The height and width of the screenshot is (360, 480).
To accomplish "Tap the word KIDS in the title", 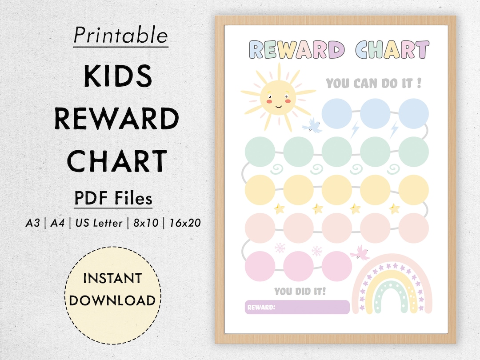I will pyautogui.click(x=118, y=76).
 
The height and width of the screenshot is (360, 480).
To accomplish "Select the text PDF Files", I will pyautogui.click(x=113, y=198).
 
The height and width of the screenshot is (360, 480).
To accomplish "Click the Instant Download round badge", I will pyautogui.click(x=112, y=289).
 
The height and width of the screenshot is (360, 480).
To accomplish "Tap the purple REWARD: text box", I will pyautogui.click(x=297, y=307).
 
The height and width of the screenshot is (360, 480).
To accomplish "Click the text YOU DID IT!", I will pyautogui.click(x=300, y=292).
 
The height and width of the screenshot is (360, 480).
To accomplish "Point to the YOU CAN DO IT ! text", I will pyautogui.click(x=373, y=83).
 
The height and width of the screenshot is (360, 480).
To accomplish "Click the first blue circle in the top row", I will pyautogui.click(x=336, y=113).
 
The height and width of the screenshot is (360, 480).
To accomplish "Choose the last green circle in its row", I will pyautogui.click(x=413, y=152).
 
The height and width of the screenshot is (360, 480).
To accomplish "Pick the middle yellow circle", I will pyautogui.click(x=336, y=190).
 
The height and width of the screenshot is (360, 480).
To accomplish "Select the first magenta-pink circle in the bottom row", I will pyautogui.click(x=260, y=266).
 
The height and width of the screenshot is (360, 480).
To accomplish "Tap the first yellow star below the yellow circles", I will pyautogui.click(x=279, y=208).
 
